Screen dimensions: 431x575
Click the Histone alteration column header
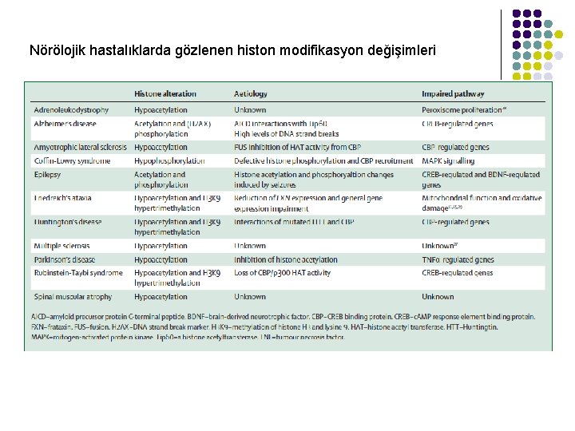click(x=165, y=93)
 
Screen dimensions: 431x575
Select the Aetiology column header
click(x=251, y=93)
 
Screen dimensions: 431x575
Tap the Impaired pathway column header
click(x=453, y=93)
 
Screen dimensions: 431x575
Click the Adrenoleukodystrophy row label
click(x=71, y=109)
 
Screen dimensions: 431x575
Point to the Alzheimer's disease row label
click(x=65, y=124)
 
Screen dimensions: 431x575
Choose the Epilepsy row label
click(x=47, y=174)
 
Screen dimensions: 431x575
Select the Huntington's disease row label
click(x=68, y=222)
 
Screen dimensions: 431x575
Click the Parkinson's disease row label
click(x=64, y=259)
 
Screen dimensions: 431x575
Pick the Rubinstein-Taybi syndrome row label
click(x=78, y=273)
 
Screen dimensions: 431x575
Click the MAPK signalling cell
click(x=448, y=160)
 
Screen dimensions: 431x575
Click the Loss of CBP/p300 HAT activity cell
click(x=282, y=273)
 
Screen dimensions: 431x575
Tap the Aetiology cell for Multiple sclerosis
click(x=250, y=246)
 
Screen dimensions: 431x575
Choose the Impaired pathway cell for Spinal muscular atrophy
click(x=438, y=296)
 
